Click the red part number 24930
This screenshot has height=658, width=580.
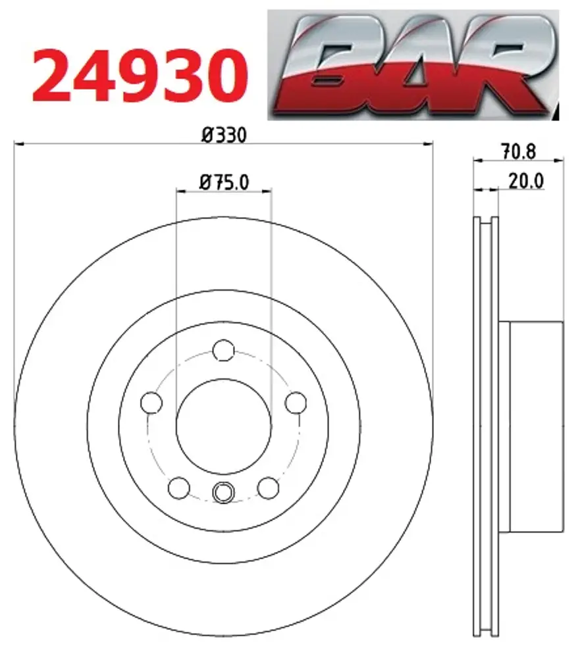click(140, 76)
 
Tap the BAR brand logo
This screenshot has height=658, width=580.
click(413, 65)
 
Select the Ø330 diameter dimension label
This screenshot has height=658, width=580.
click(224, 135)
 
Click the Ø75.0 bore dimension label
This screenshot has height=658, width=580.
click(224, 182)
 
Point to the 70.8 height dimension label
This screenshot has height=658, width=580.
click(518, 151)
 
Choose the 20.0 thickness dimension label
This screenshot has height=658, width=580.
click(526, 182)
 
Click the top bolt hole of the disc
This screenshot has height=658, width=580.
click(223, 350)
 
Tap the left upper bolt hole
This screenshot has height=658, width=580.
click(151, 403)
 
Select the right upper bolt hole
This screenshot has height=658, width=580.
click(296, 403)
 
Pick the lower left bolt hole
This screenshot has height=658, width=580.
click(179, 488)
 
